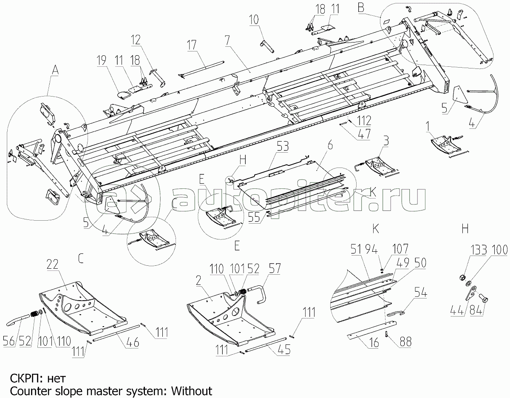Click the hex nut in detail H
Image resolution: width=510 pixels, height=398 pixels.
(x=462, y=278)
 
